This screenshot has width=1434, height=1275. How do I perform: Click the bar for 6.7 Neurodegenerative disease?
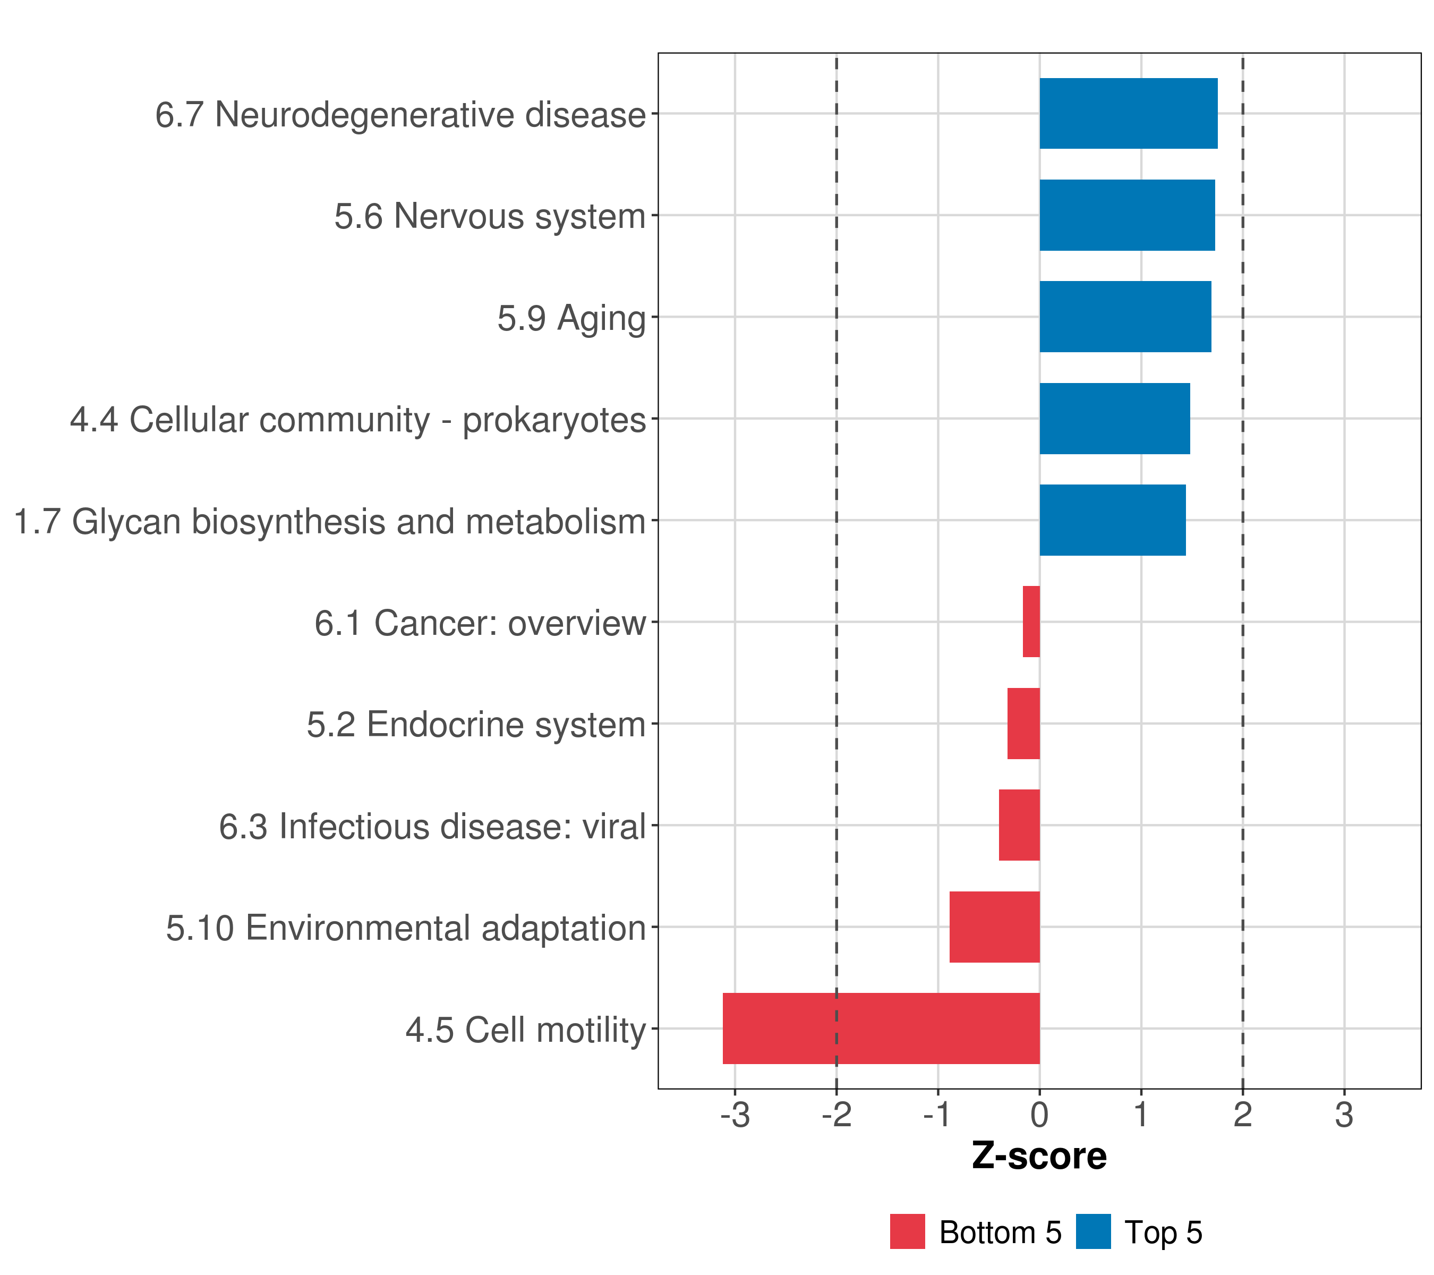[1128, 114]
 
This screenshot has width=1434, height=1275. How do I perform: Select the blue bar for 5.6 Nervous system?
[1126, 216]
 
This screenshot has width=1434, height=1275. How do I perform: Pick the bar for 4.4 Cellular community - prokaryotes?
[1115, 419]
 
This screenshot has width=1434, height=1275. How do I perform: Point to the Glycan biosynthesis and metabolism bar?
[1113, 520]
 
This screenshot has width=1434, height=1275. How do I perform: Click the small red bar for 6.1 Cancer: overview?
[1031, 622]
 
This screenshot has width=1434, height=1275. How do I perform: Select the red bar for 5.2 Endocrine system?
[1023, 724]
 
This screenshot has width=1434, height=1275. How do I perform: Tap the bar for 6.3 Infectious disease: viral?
[1019, 825]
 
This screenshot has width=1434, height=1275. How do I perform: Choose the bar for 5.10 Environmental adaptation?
[995, 927]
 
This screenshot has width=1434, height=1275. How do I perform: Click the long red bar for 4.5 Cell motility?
[881, 1028]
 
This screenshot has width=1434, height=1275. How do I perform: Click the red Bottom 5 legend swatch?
[907, 1231]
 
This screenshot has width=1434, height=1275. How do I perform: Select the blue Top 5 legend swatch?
[1093, 1231]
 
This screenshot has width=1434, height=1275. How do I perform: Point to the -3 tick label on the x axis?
[735, 1115]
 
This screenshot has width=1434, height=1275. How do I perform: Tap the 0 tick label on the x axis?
[1040, 1115]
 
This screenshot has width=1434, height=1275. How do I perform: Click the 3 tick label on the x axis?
[1344, 1115]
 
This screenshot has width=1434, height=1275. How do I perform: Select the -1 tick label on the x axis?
[938, 1115]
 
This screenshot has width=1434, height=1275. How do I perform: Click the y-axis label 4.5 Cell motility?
[525, 1030]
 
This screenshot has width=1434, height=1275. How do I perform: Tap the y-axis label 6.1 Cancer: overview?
[480, 623]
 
